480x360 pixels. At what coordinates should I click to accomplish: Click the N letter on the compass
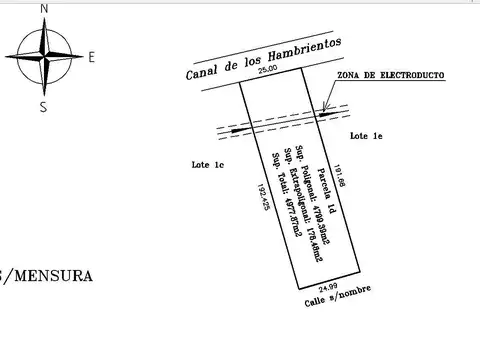coord(43,9)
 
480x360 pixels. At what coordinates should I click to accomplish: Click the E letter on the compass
coord(91,58)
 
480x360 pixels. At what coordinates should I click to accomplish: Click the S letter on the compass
coord(43,107)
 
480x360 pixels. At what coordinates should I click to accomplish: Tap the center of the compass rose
coord(44,57)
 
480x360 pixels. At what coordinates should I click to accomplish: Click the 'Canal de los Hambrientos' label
coord(263,59)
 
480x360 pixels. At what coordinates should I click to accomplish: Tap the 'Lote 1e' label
coord(365,134)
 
